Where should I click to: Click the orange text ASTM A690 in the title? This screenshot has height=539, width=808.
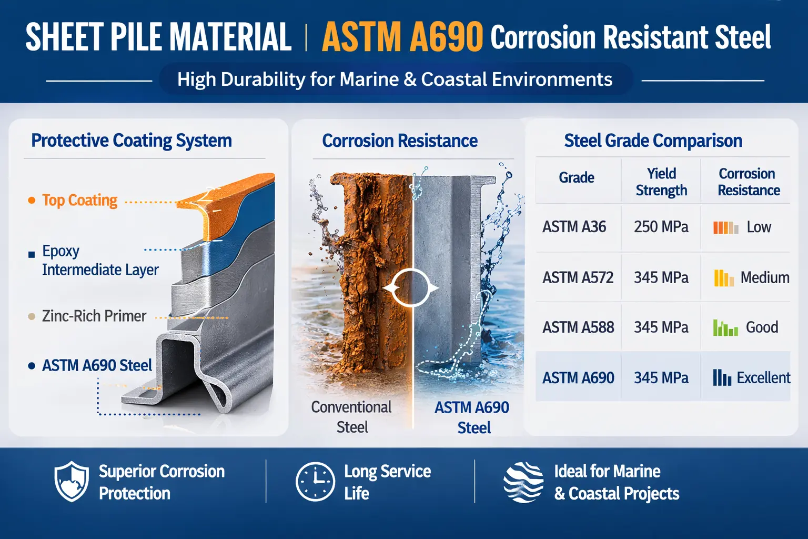tap(402, 37)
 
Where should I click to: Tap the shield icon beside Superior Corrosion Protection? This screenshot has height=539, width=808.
tap(72, 481)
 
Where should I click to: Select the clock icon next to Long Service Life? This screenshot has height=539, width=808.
tap(315, 482)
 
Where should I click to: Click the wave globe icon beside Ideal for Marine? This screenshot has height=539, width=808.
tap(523, 482)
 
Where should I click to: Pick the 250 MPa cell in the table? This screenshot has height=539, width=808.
tap(661, 227)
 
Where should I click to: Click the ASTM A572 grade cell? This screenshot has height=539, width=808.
tap(578, 277)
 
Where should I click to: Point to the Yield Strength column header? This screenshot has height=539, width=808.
tap(661, 182)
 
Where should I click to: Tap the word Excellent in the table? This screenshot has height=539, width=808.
tap(763, 378)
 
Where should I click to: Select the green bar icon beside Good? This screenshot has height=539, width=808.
tap(725, 327)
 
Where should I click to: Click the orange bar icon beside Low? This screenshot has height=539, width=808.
tap(725, 227)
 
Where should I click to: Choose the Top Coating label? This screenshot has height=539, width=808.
tap(80, 201)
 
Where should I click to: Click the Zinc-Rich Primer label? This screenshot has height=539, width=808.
tap(94, 316)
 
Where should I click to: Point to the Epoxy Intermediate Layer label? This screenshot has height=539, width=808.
tap(100, 261)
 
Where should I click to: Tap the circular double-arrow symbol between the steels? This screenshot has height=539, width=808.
tap(410, 288)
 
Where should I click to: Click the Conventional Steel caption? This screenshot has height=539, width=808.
tap(351, 417)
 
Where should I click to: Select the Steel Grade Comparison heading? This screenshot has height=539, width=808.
tap(653, 141)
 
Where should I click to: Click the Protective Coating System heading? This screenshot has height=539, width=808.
tap(132, 141)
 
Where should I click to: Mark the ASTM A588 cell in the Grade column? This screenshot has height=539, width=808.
tap(578, 327)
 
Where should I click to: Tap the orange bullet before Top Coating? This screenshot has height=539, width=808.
tap(32, 201)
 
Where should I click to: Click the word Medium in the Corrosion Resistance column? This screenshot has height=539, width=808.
tap(765, 277)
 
